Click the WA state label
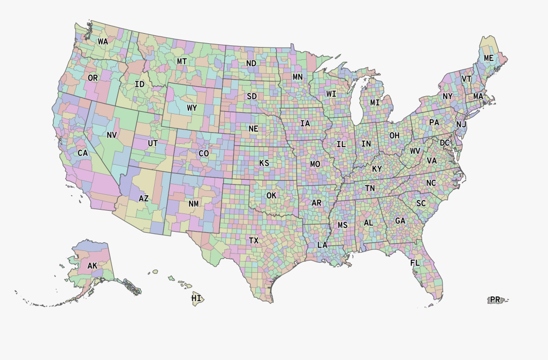tap(103, 41)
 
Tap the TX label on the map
tap(254, 241)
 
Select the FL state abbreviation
tap(415, 263)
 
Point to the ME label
tap(489, 58)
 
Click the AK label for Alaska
tap(93, 266)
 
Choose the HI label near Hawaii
tap(196, 298)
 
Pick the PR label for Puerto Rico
tap(495, 300)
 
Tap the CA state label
tap(82, 153)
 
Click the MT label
tap(182, 62)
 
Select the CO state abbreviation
tap(204, 153)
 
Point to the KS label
tap(264, 163)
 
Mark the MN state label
tap(298, 77)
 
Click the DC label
tap(445, 143)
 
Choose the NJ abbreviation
tap(461, 125)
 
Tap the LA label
tap(322, 245)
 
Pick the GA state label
tap(400, 220)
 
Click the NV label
tap(111, 135)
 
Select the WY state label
tap(192, 108)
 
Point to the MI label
tap(375, 102)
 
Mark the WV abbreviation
tap(415, 151)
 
